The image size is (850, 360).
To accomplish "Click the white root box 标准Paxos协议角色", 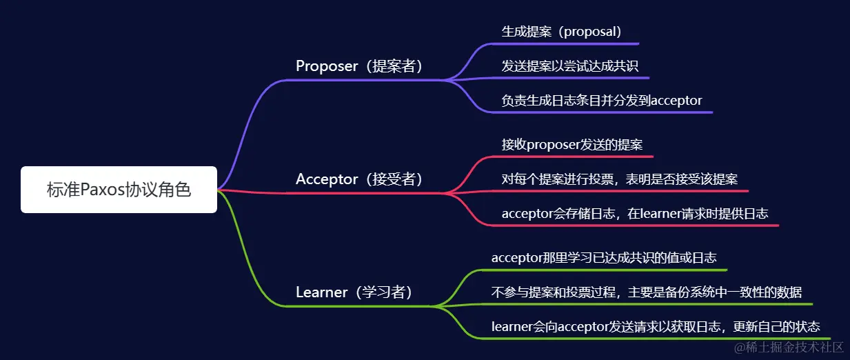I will coord(119,190).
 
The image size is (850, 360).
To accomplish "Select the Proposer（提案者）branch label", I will coord(358,66).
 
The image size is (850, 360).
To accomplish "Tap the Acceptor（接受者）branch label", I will coord(358,179).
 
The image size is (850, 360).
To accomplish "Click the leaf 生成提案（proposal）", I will coord(562,32).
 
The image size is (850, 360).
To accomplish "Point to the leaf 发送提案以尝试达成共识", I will coord(569,66).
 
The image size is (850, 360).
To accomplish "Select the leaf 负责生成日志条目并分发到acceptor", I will coord(602,101).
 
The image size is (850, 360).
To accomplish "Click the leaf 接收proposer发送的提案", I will coord(572,145).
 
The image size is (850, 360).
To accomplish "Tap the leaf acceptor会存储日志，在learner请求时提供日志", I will coord(635,214).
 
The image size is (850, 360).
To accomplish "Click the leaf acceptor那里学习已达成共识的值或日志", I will coord(604,258).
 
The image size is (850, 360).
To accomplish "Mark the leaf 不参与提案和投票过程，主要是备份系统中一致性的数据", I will coord(646,292).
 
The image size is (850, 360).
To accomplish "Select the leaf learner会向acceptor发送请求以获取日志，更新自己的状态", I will coord(656,327).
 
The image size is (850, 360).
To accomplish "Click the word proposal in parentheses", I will coord(591,32).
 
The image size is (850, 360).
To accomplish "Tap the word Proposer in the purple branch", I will coord(327,66).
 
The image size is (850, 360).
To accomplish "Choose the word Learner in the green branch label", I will coord(322,292).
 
